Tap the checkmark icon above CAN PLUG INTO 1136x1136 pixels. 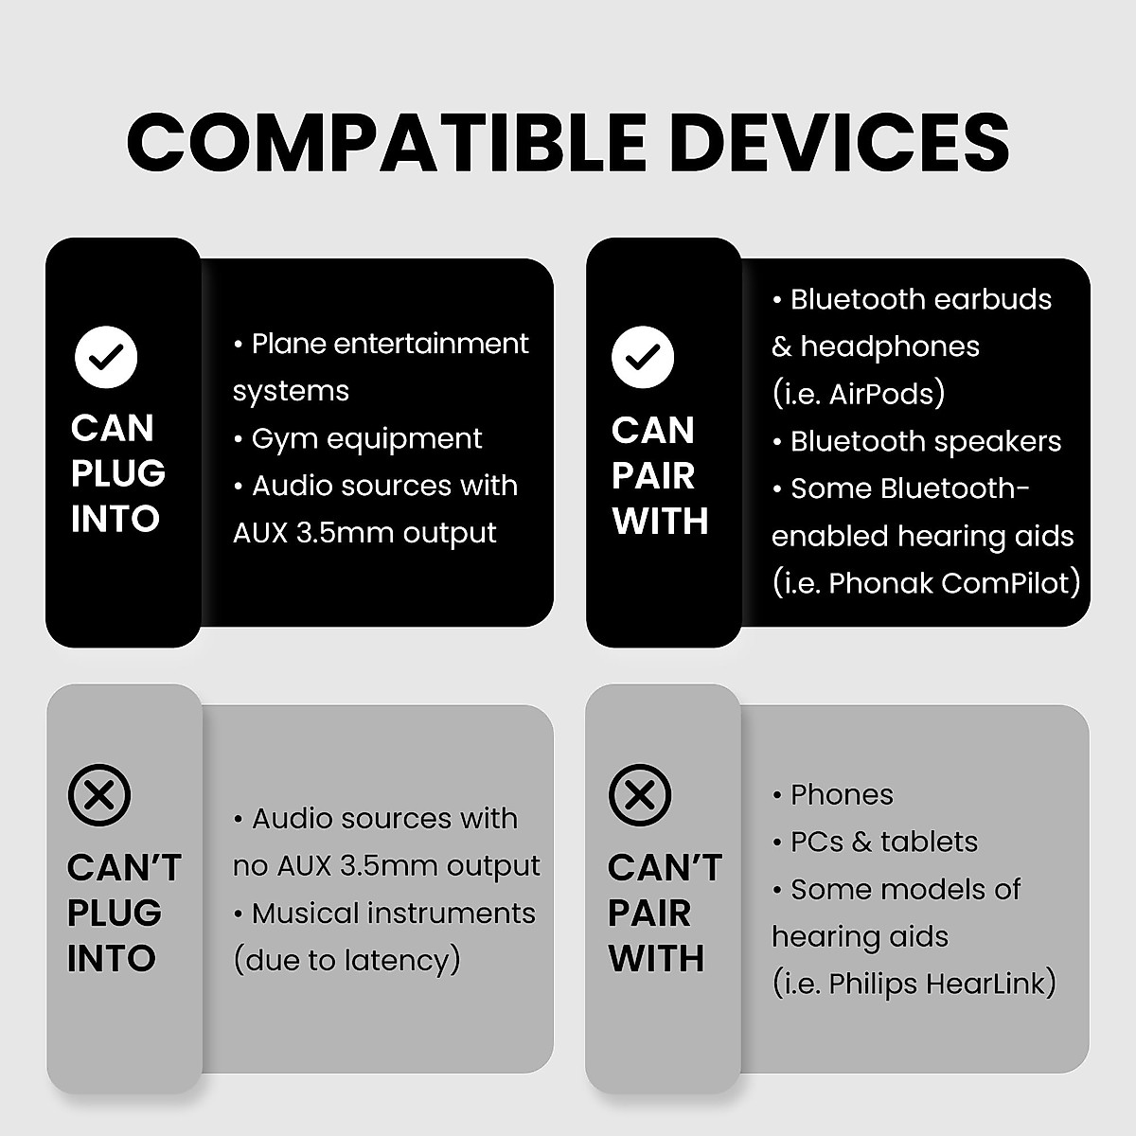pos(106,358)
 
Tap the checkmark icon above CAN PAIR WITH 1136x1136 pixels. pos(643,358)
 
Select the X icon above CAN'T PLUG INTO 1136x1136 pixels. pos(98,795)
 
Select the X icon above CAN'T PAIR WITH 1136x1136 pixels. pos(640,795)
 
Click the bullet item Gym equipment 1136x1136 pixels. pos(365,439)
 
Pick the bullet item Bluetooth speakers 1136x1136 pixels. pos(924,441)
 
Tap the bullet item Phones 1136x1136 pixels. pos(841,795)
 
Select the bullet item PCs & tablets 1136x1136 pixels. pos(882,843)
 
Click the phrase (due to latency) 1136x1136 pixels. pos(346,961)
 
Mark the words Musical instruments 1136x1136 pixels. pos(393,914)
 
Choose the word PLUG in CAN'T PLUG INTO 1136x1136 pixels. pos(115,914)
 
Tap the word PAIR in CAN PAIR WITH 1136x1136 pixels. pos(653,476)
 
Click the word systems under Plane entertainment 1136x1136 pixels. pos(291,392)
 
